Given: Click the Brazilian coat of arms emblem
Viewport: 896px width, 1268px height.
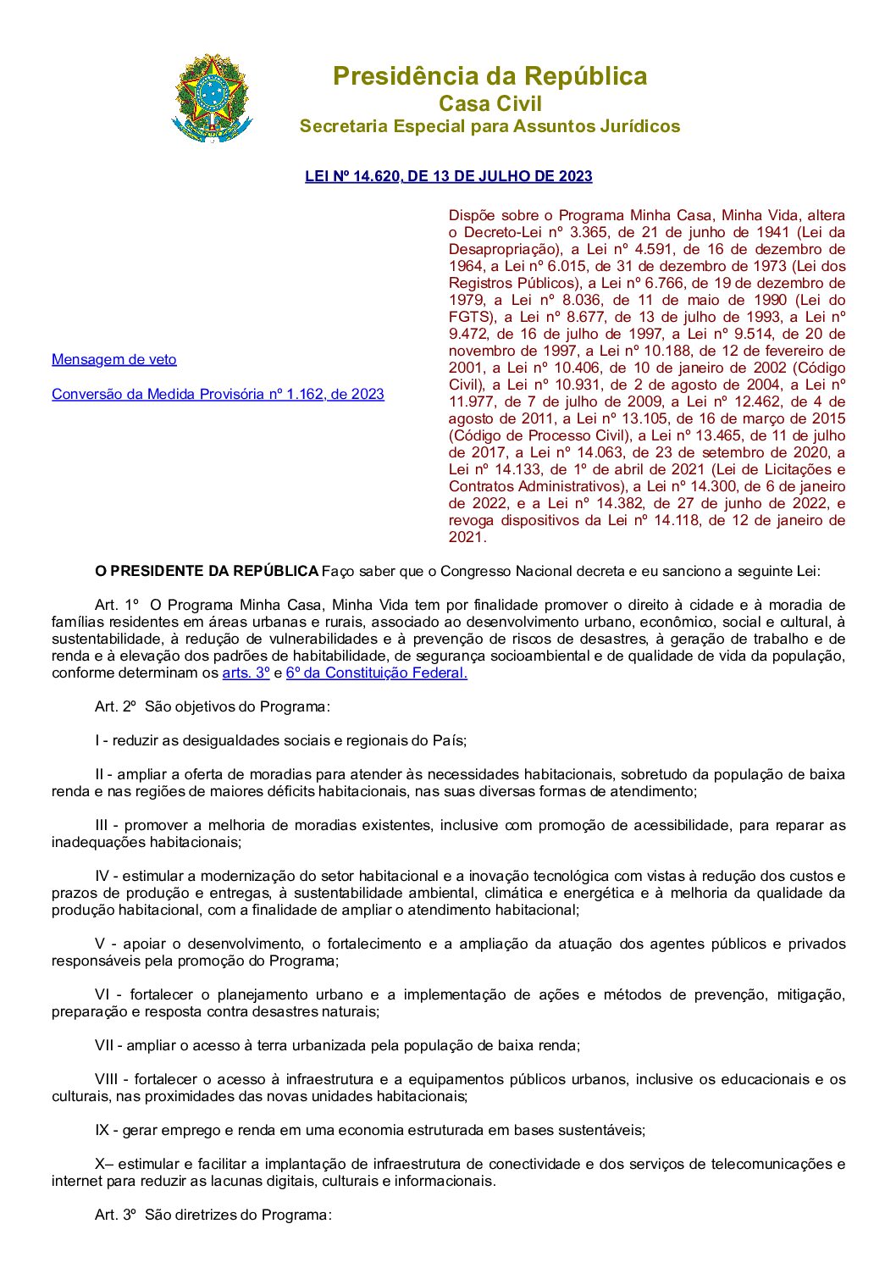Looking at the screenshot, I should point(212,98).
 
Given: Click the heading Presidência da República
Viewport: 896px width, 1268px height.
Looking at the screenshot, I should point(489,76).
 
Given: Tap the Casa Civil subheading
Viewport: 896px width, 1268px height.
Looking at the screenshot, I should point(489,103).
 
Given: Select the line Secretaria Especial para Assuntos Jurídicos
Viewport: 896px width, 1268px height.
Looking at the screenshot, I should point(489,126).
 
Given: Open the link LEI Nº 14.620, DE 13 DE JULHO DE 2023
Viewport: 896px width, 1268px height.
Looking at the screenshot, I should point(448,176).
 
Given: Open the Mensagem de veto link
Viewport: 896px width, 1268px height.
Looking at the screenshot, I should point(114,359).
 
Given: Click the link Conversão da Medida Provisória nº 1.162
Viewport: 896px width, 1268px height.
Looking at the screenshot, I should point(218,394).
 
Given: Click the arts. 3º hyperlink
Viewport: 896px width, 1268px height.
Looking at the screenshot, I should point(246,673).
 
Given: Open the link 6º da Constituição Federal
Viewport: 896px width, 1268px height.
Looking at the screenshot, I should point(376,673).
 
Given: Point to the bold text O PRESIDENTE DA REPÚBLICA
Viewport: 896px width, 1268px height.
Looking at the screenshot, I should point(207,571).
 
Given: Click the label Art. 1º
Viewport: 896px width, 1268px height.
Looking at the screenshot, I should point(116,605).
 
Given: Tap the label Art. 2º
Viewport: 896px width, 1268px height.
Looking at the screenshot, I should point(115,706).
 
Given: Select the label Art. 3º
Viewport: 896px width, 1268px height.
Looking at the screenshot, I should point(115,1215).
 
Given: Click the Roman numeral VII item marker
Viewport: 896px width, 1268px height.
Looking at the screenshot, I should point(104,1045).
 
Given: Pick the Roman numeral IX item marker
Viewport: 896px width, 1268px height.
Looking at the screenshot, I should point(102,1130).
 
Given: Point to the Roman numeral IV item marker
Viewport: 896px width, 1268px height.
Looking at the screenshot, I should point(102,876).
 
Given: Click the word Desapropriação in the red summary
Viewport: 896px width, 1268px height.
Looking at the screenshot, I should point(504,249).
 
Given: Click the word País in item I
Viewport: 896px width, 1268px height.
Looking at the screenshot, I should point(447,740).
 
